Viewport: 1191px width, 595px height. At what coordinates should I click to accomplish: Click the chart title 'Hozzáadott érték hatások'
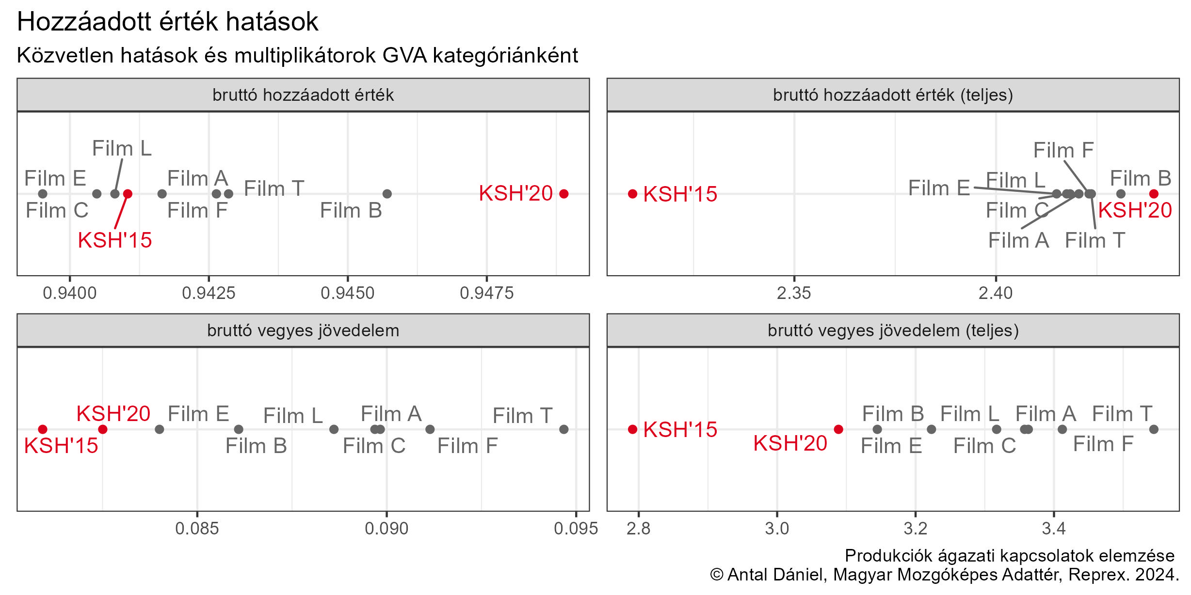click(167, 22)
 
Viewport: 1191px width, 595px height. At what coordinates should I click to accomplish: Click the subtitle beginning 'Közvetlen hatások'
click(297, 55)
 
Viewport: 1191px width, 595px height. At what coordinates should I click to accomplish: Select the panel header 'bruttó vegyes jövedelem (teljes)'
click(893, 330)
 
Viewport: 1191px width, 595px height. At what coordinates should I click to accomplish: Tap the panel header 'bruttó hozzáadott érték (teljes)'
click(893, 95)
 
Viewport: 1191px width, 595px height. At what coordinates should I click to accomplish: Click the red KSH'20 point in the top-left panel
click(563, 194)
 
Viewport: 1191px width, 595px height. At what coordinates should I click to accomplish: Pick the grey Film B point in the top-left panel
click(387, 194)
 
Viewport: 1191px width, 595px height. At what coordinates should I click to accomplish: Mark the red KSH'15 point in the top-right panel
click(632, 194)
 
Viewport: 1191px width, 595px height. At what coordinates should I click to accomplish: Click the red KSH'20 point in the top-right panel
click(1154, 194)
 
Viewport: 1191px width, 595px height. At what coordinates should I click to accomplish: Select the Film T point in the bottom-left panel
click(563, 429)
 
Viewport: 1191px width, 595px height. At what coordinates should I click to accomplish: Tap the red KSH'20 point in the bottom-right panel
click(838, 429)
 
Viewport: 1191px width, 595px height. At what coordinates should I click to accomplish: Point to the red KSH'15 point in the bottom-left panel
click(43, 429)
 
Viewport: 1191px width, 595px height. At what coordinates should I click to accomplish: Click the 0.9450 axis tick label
click(348, 293)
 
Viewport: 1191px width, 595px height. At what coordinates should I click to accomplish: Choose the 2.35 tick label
click(794, 293)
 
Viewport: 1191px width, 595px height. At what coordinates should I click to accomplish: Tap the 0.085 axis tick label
click(197, 529)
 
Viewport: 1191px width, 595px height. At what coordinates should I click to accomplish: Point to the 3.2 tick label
click(915, 529)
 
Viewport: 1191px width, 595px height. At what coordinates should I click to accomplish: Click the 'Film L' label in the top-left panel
click(122, 148)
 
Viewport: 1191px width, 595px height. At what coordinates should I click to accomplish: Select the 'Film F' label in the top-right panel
click(1063, 150)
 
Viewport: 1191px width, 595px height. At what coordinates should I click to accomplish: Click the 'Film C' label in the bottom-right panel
click(984, 446)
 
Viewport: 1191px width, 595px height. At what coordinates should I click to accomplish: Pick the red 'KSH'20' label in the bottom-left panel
click(113, 414)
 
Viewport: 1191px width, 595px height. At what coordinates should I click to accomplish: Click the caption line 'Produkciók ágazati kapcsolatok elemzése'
click(1010, 556)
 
